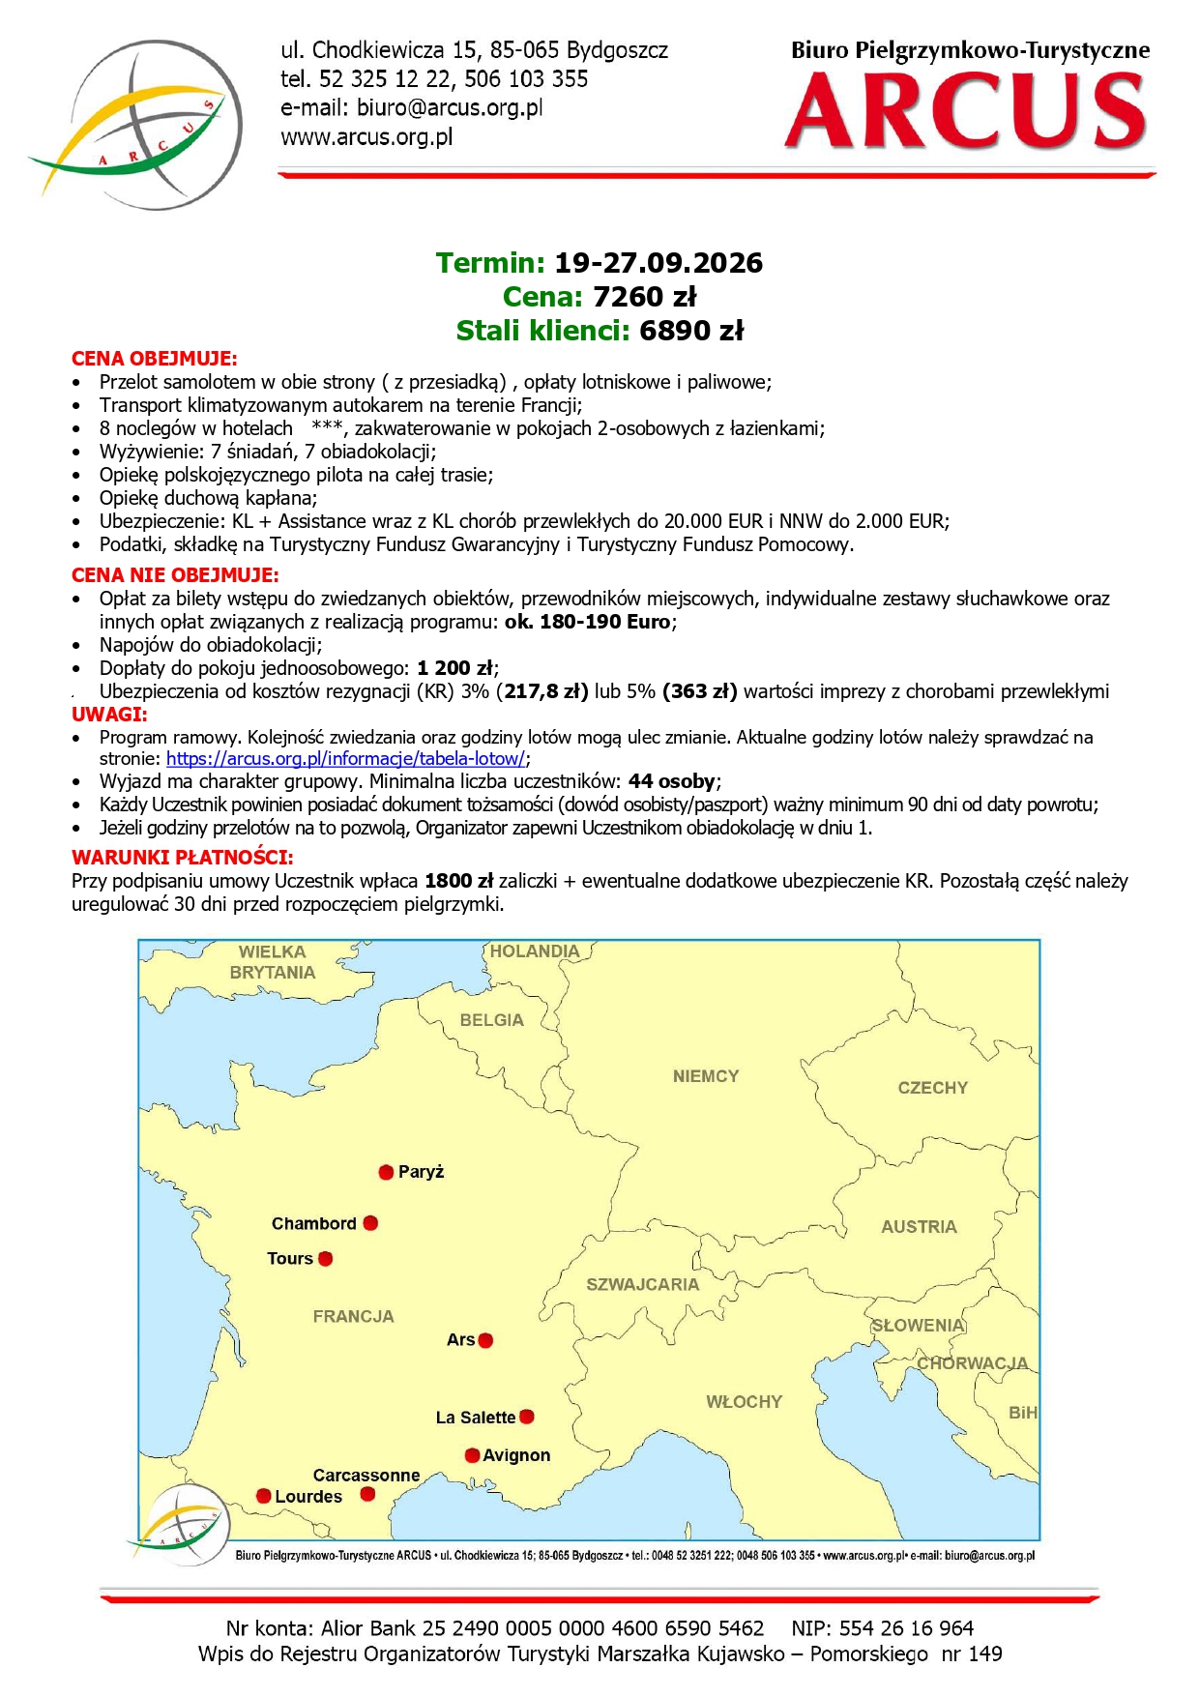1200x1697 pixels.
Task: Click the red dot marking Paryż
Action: [386, 1172]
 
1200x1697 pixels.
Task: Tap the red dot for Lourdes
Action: [263, 1496]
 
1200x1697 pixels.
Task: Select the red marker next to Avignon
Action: [472, 1455]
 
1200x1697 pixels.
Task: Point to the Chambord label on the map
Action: [313, 1223]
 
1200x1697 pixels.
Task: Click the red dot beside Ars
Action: [485, 1340]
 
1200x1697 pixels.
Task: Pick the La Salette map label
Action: [475, 1418]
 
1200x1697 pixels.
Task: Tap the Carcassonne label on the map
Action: [366, 1476]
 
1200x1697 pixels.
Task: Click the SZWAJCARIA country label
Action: [642, 1284]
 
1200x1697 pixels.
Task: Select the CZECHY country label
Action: [932, 1088]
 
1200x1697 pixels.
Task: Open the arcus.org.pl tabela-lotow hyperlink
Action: [346, 759]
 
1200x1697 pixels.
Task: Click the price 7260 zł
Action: [644, 297]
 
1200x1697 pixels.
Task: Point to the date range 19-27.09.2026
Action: [658, 263]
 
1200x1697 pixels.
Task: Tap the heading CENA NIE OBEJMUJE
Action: [175, 575]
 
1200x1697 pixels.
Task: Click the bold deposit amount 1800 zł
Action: [458, 881]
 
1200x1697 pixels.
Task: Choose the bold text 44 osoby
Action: [672, 781]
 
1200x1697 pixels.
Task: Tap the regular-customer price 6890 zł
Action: [691, 331]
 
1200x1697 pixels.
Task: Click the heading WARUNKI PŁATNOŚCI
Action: [182, 857]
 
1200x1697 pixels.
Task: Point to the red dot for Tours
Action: [326, 1259]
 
